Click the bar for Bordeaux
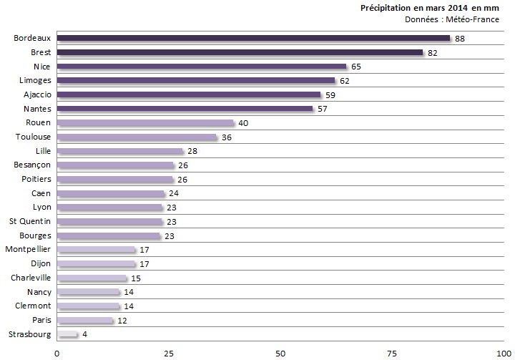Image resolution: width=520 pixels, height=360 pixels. [x=253, y=38]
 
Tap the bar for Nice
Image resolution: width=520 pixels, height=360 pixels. [x=201, y=66]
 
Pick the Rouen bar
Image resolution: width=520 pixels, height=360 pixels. [x=145, y=123]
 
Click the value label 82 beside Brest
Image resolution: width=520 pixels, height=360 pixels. [x=432, y=53]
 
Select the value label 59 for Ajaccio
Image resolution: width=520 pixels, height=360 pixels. [x=330, y=95]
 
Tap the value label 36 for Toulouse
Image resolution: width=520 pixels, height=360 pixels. [x=227, y=137]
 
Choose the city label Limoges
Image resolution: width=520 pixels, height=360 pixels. [x=35, y=80]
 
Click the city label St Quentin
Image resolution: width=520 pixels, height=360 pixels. [x=30, y=221]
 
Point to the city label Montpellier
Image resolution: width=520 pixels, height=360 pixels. [x=28, y=249]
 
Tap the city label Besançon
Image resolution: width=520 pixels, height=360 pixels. [x=33, y=165]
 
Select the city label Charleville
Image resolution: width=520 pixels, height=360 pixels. [x=31, y=277]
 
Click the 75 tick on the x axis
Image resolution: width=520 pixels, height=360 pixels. [x=392, y=353]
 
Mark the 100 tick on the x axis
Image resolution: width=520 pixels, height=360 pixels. [x=503, y=353]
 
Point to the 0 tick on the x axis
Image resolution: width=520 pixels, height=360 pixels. [x=57, y=353]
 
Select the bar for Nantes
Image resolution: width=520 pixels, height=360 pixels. [x=185, y=109]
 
